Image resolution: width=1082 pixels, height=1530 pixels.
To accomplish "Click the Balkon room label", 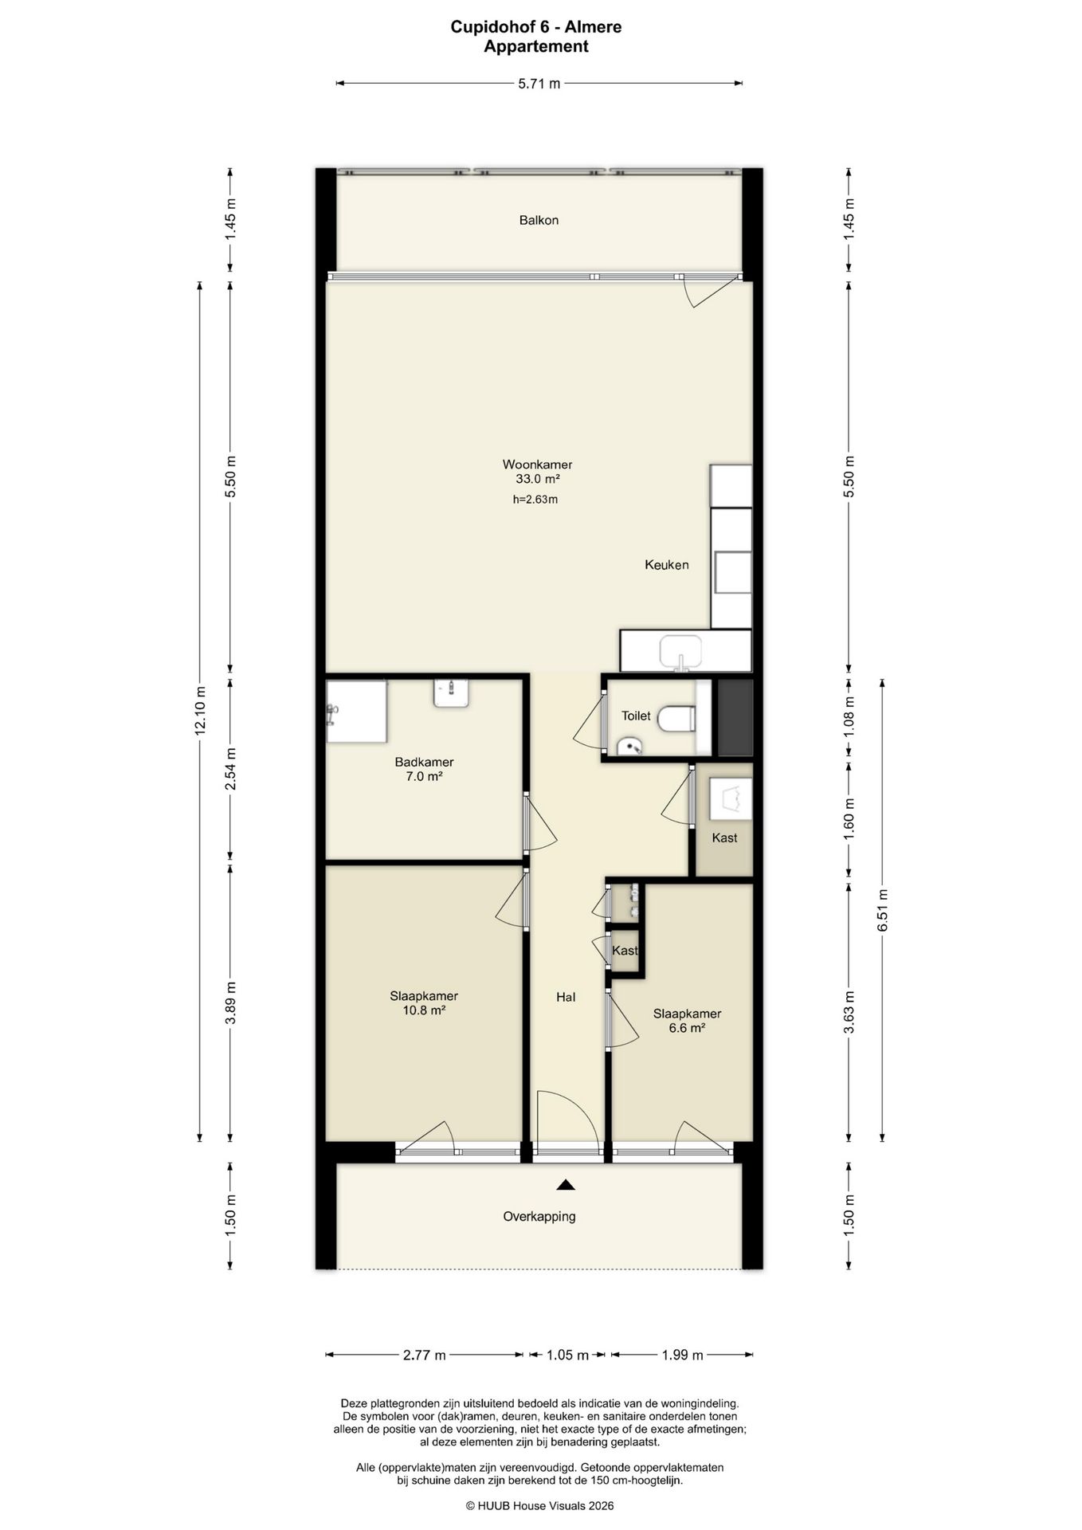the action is pyautogui.click(x=539, y=220).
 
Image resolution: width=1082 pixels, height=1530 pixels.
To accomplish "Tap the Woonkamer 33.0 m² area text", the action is pyautogui.click(x=537, y=472).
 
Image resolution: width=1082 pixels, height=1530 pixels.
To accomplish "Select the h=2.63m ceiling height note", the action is pyautogui.click(x=535, y=500).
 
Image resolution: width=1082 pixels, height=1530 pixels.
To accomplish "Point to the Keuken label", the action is pyautogui.click(x=667, y=565).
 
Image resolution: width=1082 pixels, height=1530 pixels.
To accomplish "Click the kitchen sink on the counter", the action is pyautogui.click(x=680, y=652).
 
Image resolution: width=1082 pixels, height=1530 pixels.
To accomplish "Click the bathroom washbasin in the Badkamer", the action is pyautogui.click(x=452, y=692).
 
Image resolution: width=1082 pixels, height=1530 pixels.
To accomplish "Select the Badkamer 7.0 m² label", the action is pyautogui.click(x=424, y=769).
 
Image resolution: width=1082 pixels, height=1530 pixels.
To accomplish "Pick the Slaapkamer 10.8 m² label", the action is pyautogui.click(x=424, y=1003).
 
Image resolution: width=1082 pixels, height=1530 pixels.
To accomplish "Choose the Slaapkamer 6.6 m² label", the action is pyautogui.click(x=687, y=1021).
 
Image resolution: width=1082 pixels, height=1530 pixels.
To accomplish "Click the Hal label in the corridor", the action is pyautogui.click(x=566, y=997).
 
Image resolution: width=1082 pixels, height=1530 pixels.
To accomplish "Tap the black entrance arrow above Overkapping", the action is pyautogui.click(x=566, y=1185).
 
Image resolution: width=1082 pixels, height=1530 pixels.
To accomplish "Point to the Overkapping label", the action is pyautogui.click(x=539, y=1217).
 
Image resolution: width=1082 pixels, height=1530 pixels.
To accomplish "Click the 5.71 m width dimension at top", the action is pyautogui.click(x=539, y=83).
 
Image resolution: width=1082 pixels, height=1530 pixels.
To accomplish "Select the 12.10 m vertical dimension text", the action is pyautogui.click(x=200, y=709).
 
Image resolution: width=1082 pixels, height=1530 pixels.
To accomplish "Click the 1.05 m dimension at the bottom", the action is pyautogui.click(x=567, y=1355).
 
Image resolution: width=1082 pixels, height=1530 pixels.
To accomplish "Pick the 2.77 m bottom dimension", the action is pyautogui.click(x=424, y=1355).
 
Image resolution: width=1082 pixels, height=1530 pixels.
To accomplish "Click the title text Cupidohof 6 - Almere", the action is pyautogui.click(x=536, y=27).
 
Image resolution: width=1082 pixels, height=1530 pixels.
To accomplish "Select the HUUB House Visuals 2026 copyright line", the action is pyautogui.click(x=539, y=1506).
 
